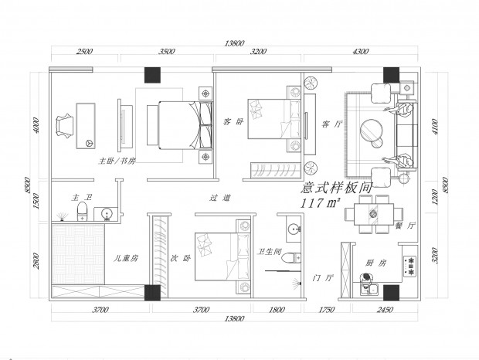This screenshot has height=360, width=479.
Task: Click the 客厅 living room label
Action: (331, 124)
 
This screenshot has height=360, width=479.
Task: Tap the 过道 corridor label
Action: (220, 199)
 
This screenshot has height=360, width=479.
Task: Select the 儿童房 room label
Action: (126, 259)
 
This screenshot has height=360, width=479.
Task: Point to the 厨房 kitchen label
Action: (375, 263)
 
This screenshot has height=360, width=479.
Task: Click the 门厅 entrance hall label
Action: (323, 278)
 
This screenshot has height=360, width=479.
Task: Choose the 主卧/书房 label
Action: (117, 161)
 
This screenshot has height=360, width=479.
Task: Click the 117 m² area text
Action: (320, 203)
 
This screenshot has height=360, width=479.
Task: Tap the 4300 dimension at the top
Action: (361, 51)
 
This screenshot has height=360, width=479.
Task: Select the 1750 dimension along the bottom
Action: (326, 310)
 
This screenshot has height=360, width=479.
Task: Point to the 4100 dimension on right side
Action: (435, 127)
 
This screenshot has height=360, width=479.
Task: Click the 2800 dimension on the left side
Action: (36, 261)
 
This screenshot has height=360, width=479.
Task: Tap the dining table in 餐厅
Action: (374, 214)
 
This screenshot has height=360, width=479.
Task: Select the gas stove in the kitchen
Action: (409, 266)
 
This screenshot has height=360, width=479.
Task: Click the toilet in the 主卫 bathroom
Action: (82, 211)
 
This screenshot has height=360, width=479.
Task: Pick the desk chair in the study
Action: (64, 126)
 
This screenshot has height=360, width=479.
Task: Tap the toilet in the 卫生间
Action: (290, 258)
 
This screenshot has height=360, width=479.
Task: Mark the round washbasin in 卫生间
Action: (293, 229)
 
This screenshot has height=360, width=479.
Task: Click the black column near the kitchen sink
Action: (392, 293)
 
